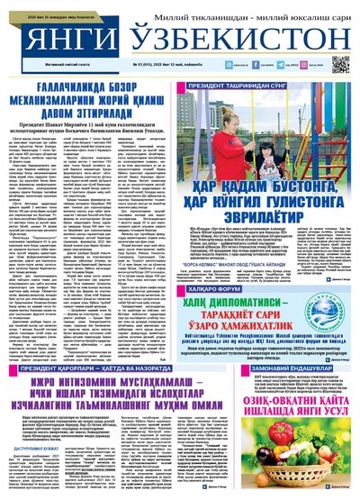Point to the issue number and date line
pos(179,66)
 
